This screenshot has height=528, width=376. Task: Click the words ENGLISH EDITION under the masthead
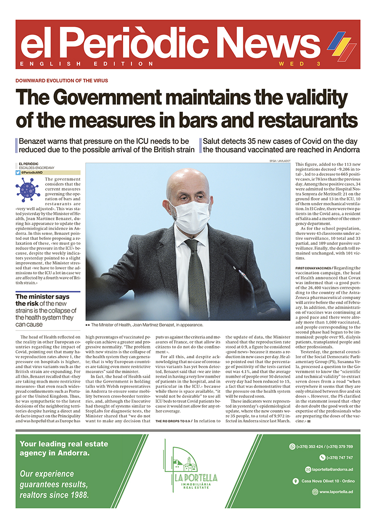click(87, 64)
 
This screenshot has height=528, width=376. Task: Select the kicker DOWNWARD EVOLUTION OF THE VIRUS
click(62, 81)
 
